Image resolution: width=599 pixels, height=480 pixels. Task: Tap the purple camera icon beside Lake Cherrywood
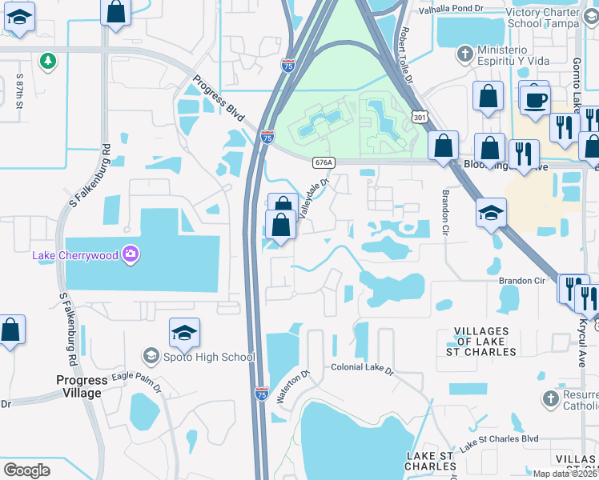pyautogui.click(x=131, y=255)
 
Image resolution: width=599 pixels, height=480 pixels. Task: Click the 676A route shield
pyautogui.click(x=324, y=162)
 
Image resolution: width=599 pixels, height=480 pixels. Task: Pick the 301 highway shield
pyautogui.click(x=419, y=118)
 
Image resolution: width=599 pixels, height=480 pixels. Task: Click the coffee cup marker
pyautogui.click(x=536, y=101)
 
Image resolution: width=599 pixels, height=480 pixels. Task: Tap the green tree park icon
pyautogui.click(x=48, y=61)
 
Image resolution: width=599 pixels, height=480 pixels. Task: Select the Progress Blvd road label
pyautogui.click(x=217, y=99)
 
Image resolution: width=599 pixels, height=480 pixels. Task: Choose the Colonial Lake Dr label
pyautogui.click(x=363, y=369)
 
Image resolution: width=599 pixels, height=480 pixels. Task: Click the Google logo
pyautogui.click(x=26, y=470)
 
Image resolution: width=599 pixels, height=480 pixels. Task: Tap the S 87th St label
pyautogui.click(x=20, y=86)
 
